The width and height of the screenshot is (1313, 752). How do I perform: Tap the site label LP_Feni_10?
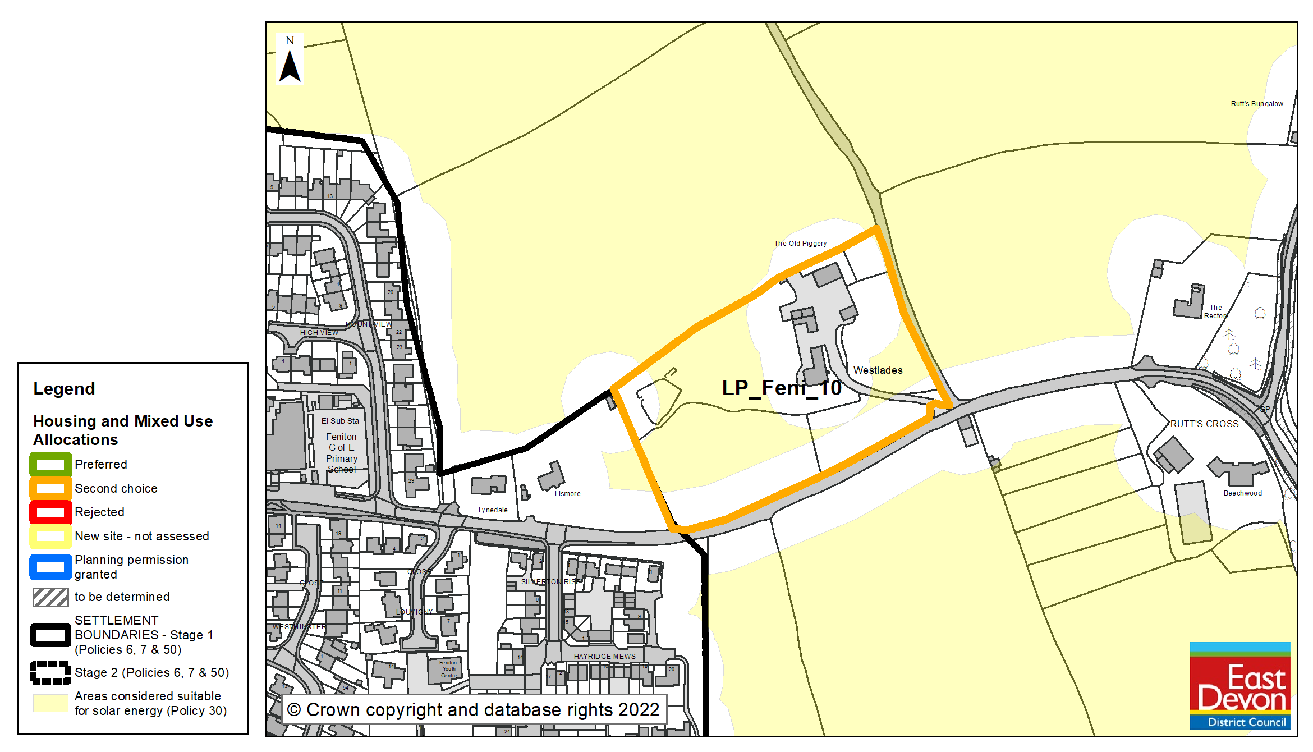click(781, 388)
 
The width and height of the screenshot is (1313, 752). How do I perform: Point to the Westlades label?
click(878, 370)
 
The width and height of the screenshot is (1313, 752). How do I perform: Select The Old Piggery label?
click(800, 244)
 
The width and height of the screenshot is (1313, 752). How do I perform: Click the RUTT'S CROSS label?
click(1204, 424)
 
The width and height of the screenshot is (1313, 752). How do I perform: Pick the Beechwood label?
click(1242, 493)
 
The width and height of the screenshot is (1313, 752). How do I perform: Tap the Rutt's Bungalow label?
click(1256, 104)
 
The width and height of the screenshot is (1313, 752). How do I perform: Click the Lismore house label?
click(567, 494)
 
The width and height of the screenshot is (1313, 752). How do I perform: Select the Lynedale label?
click(493, 510)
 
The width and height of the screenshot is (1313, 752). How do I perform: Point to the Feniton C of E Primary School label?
click(341, 453)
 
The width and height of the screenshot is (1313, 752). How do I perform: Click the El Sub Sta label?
click(340, 421)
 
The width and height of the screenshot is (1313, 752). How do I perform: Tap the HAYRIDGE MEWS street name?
click(604, 656)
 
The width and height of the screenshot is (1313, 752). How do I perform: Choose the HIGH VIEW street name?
click(319, 333)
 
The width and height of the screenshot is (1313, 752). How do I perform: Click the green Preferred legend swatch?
click(50, 465)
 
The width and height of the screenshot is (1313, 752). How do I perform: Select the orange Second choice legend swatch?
click(50, 488)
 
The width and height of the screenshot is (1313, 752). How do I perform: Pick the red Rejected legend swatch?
click(50, 512)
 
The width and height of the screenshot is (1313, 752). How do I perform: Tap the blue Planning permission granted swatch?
click(50, 567)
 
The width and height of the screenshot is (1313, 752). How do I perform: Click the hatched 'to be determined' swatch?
click(50, 597)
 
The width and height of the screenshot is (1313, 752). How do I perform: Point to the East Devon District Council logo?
click(1239, 685)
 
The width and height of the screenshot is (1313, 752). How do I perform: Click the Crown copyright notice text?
click(473, 710)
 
